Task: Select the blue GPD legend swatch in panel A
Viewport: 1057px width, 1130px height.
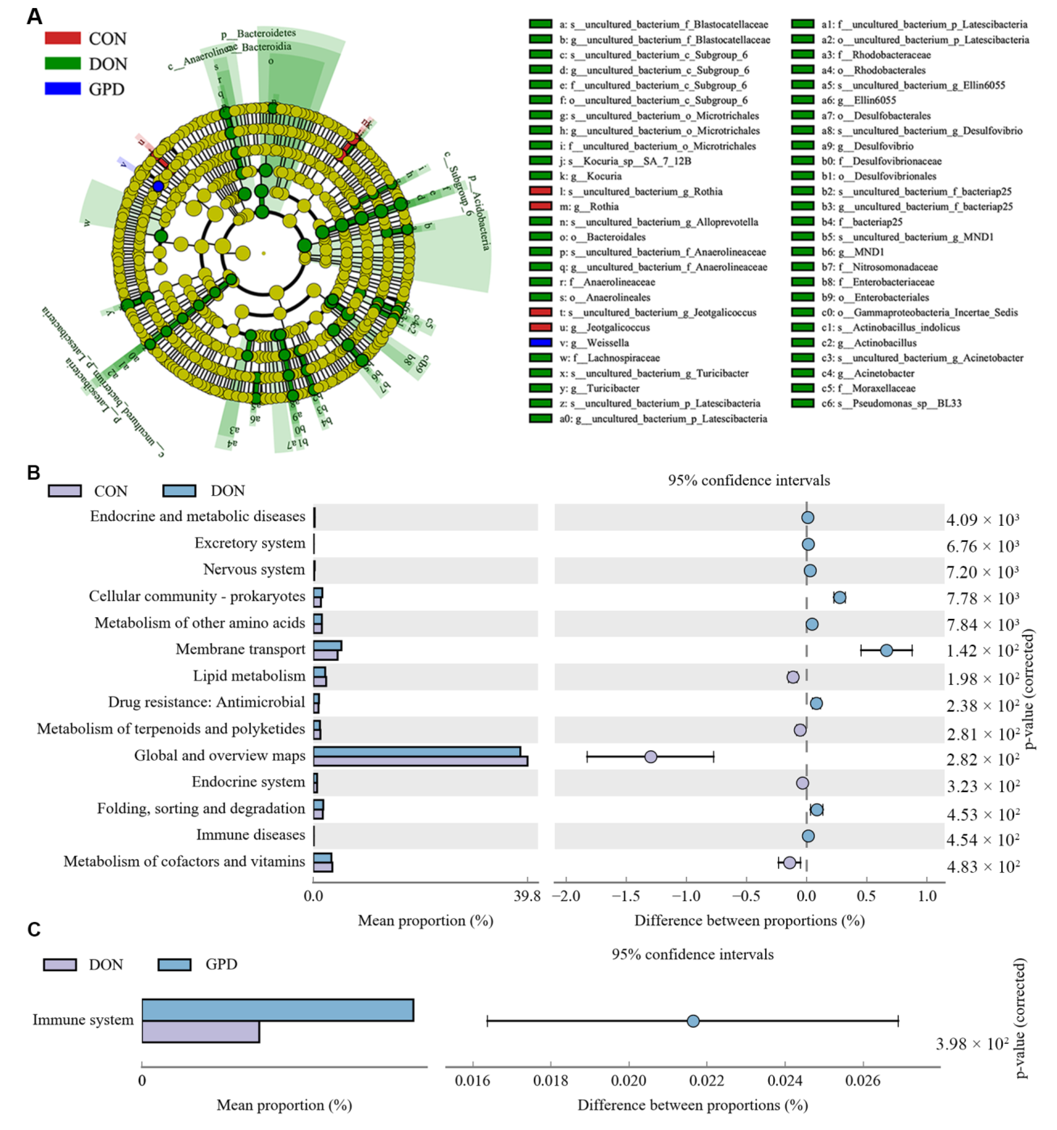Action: click(63, 89)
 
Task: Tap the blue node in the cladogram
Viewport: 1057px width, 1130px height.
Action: click(158, 186)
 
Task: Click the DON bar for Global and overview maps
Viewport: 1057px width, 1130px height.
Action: click(417, 751)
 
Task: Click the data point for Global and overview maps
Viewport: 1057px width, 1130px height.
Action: click(651, 757)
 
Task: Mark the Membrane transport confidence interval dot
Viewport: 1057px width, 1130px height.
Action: click(886, 650)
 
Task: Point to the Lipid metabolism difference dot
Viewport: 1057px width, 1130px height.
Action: click(793, 677)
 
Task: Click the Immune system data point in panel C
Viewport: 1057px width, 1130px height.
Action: click(693, 1021)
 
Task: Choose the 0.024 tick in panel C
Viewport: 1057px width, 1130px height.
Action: click(785, 1080)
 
